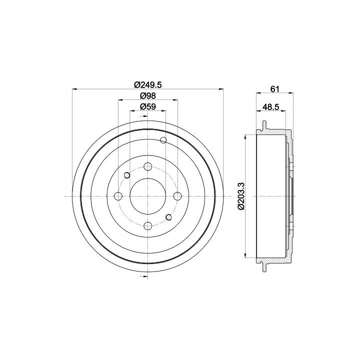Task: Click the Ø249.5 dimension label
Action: tap(148, 84)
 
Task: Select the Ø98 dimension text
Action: tap(148, 95)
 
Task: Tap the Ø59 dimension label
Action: tap(148, 106)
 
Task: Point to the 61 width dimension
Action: tap(274, 89)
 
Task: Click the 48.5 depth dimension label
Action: tap(270, 107)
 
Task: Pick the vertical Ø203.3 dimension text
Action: tap(241, 196)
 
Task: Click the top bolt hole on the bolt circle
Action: tap(148, 166)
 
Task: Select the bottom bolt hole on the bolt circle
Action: tap(148, 226)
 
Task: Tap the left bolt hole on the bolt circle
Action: tap(118, 196)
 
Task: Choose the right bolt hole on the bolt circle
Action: tap(177, 196)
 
